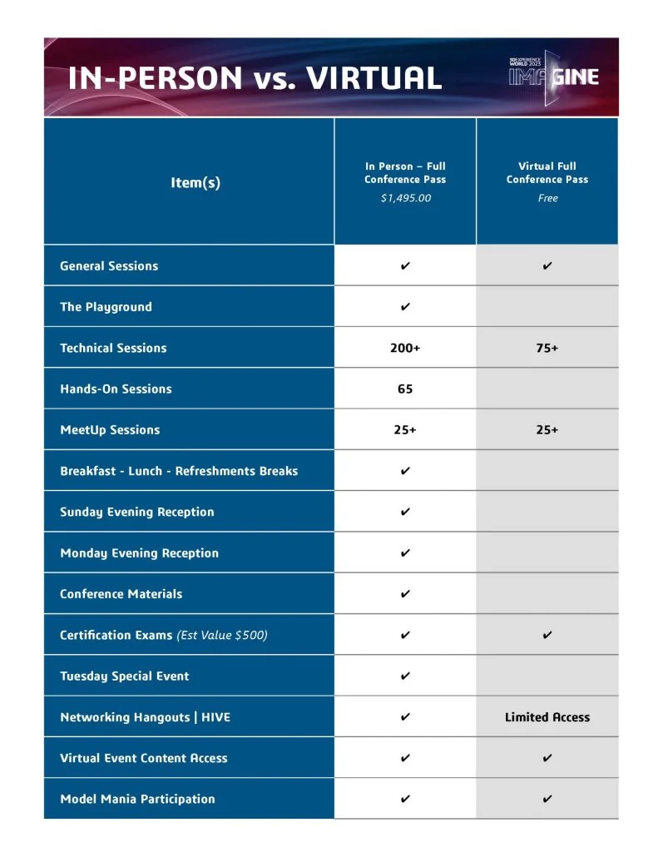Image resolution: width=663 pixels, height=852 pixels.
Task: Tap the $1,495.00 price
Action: (405, 198)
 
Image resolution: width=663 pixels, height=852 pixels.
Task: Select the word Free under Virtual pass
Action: (547, 198)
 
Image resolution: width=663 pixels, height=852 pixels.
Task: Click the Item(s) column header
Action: (195, 182)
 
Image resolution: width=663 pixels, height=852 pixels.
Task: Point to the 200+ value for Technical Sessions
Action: (405, 348)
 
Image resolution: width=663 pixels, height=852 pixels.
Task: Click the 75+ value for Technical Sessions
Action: (547, 348)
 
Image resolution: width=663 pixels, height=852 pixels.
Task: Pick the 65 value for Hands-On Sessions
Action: (405, 389)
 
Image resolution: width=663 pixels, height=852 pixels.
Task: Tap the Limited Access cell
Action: (547, 717)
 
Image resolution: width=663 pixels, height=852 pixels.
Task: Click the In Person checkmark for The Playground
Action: (405, 307)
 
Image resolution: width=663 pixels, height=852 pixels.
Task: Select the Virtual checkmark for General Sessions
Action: (547, 266)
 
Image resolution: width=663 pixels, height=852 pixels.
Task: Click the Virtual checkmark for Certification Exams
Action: (547, 635)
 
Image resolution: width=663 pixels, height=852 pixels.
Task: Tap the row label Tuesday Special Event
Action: (124, 676)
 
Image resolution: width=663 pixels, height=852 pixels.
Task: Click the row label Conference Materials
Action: (121, 594)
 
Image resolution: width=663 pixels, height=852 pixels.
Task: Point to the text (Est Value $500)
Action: (222, 635)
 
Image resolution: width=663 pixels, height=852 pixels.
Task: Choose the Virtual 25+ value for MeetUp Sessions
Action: (547, 430)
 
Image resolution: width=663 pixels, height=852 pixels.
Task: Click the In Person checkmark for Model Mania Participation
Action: (405, 799)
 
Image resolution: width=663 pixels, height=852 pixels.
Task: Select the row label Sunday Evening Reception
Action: (136, 512)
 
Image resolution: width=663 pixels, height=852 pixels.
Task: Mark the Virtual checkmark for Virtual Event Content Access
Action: (547, 758)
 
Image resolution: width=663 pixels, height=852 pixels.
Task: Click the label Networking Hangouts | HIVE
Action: (145, 717)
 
